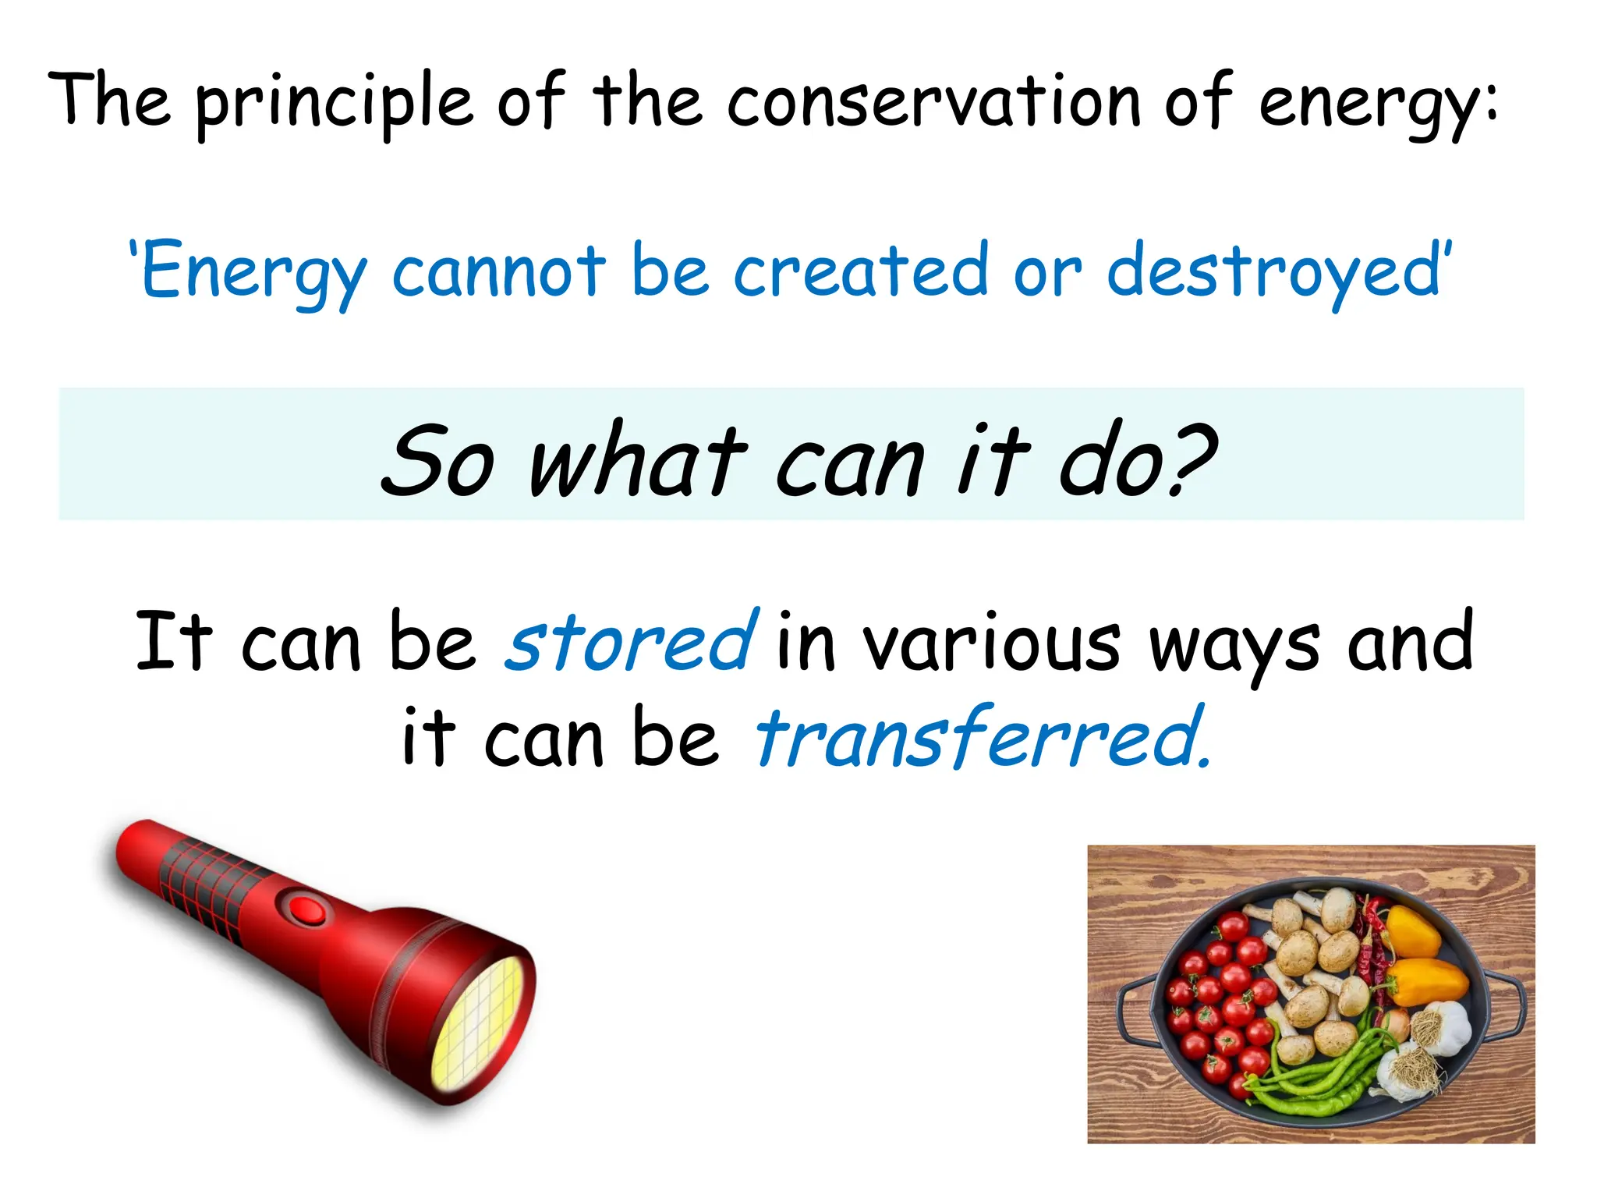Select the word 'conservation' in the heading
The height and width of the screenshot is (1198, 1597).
click(x=934, y=102)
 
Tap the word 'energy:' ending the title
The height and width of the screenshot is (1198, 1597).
click(x=1377, y=105)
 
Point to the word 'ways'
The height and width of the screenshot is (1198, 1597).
click(x=1234, y=647)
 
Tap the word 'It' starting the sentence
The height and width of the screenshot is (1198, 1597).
click(x=173, y=642)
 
